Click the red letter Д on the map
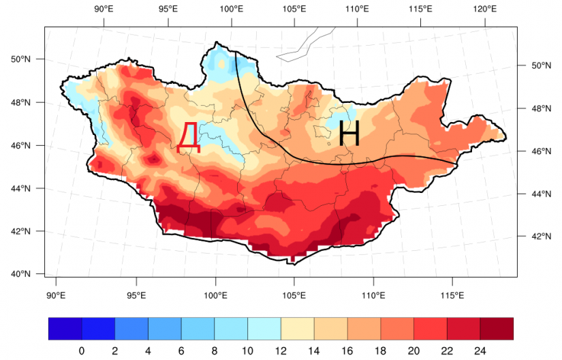tap(189, 137)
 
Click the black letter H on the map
tap(349, 133)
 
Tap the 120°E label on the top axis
tap(485, 9)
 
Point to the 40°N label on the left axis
tap(21, 274)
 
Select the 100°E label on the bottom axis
tap(215, 295)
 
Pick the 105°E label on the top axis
tap(294, 9)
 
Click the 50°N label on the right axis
tap(541, 65)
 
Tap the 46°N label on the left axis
tap(21, 146)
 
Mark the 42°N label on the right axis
tap(541, 237)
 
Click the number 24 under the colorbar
tap(480, 350)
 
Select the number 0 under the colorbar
tap(82, 350)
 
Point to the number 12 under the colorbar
tap(281, 350)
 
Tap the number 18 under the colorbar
tap(380, 350)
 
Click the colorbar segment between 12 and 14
tap(298, 329)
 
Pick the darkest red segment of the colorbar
tap(497, 329)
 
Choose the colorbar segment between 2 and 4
tap(131, 329)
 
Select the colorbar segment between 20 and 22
tap(430, 329)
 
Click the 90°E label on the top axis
tap(104, 9)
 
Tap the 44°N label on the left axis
tap(21, 188)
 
